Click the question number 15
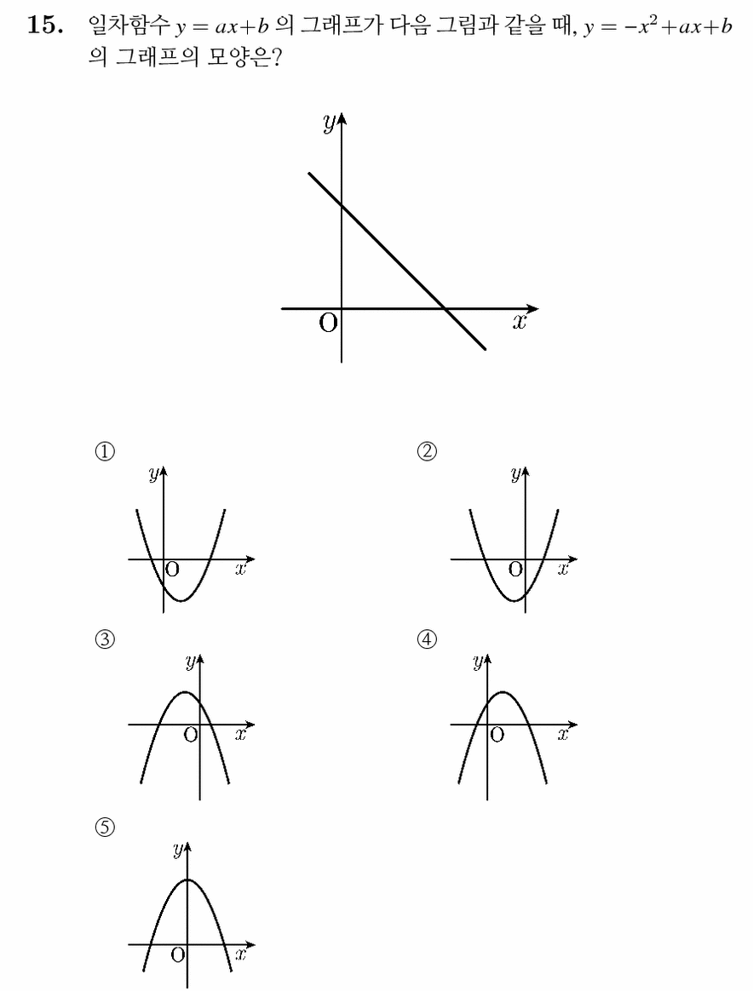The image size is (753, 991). pyautogui.click(x=45, y=26)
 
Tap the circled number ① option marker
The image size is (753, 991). pyautogui.click(x=105, y=451)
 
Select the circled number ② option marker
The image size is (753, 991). pyautogui.click(x=428, y=451)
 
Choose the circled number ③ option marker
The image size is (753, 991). pyautogui.click(x=105, y=639)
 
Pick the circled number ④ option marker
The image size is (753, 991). pyautogui.click(x=428, y=639)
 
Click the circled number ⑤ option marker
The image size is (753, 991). pyautogui.click(x=105, y=828)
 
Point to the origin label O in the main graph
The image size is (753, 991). pyautogui.click(x=328, y=324)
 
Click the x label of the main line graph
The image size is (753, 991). pyautogui.click(x=519, y=323)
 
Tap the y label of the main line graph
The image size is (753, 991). pyautogui.click(x=329, y=124)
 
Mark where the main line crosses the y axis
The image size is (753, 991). pyautogui.click(x=342, y=204)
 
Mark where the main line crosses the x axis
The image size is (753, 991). pyautogui.click(x=445, y=308)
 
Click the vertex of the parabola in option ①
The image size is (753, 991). pyautogui.click(x=181, y=600)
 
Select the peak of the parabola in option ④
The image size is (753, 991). pyautogui.click(x=503, y=692)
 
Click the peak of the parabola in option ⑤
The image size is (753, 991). pyautogui.click(x=187, y=879)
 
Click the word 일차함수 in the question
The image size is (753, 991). pyautogui.click(x=129, y=26)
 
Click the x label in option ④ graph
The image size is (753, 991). pyautogui.click(x=563, y=735)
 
